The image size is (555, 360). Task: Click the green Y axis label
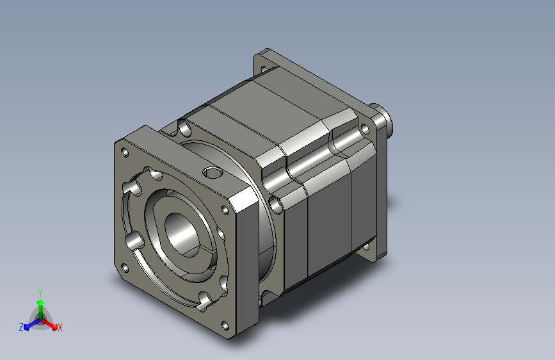(40, 293)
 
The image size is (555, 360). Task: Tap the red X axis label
(60, 327)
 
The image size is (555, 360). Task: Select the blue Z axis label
(21, 327)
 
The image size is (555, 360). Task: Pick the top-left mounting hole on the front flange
(125, 152)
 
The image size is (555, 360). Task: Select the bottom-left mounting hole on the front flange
(125, 268)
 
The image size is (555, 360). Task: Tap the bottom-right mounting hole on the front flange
(225, 325)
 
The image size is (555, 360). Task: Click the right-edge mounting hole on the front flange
(225, 210)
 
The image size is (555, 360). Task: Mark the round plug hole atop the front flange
(213, 172)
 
